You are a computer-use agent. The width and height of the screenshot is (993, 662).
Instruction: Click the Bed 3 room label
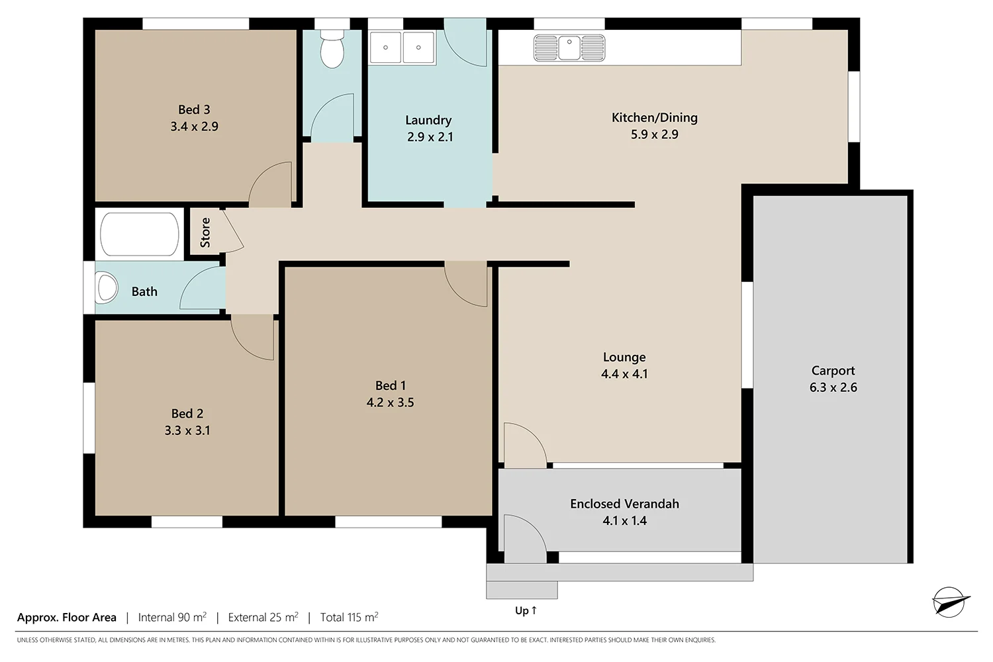194,109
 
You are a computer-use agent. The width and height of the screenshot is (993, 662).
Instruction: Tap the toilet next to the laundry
332,49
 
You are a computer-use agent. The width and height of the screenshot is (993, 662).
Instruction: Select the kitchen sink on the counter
569,48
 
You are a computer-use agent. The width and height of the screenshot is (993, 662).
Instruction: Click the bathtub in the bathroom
140,234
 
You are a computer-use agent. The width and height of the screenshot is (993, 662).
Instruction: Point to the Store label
205,232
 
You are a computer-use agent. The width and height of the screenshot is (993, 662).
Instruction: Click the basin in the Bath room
107,288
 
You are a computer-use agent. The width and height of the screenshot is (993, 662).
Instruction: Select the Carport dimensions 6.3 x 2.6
833,387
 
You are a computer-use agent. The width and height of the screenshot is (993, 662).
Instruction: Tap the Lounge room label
624,357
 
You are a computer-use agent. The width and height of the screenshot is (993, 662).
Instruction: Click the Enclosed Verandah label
624,504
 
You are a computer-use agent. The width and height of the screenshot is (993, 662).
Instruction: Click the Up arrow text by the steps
526,610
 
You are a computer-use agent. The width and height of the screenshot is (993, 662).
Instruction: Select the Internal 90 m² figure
172,617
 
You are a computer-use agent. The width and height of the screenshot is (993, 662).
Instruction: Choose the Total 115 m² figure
350,617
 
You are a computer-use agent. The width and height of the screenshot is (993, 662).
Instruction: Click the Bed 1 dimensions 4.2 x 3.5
390,402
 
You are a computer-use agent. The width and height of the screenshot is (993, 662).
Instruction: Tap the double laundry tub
402,47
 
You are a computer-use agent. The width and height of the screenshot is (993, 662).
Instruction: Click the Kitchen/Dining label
654,117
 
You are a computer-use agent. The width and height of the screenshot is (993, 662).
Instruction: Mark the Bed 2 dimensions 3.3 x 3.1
187,430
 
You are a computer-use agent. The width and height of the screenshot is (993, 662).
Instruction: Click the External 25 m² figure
263,617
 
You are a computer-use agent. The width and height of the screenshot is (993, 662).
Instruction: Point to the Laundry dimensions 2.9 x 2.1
430,137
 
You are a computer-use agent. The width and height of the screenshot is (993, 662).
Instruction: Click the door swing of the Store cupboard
233,230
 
